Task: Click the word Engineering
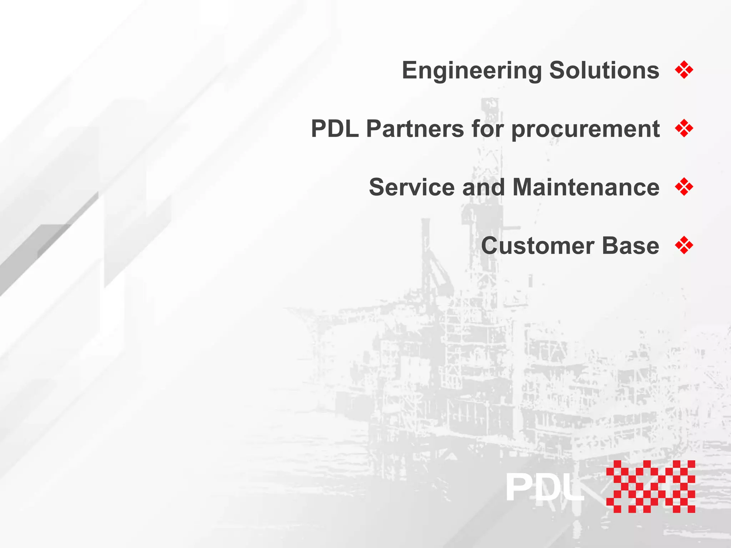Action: click(x=472, y=70)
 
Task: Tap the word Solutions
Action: click(x=604, y=70)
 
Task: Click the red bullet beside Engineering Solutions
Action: click(x=684, y=70)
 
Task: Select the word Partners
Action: click(x=415, y=128)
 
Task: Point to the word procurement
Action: click(x=585, y=129)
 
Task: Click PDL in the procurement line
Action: click(x=335, y=128)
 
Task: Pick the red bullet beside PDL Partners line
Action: click(x=684, y=128)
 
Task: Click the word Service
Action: click(x=412, y=187)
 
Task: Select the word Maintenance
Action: click(x=586, y=187)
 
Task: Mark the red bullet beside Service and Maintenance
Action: click(x=684, y=187)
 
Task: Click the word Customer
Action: click(x=538, y=245)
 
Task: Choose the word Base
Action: click(x=630, y=245)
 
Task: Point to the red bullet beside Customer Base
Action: click(x=684, y=245)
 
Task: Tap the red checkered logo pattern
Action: click(x=650, y=487)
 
